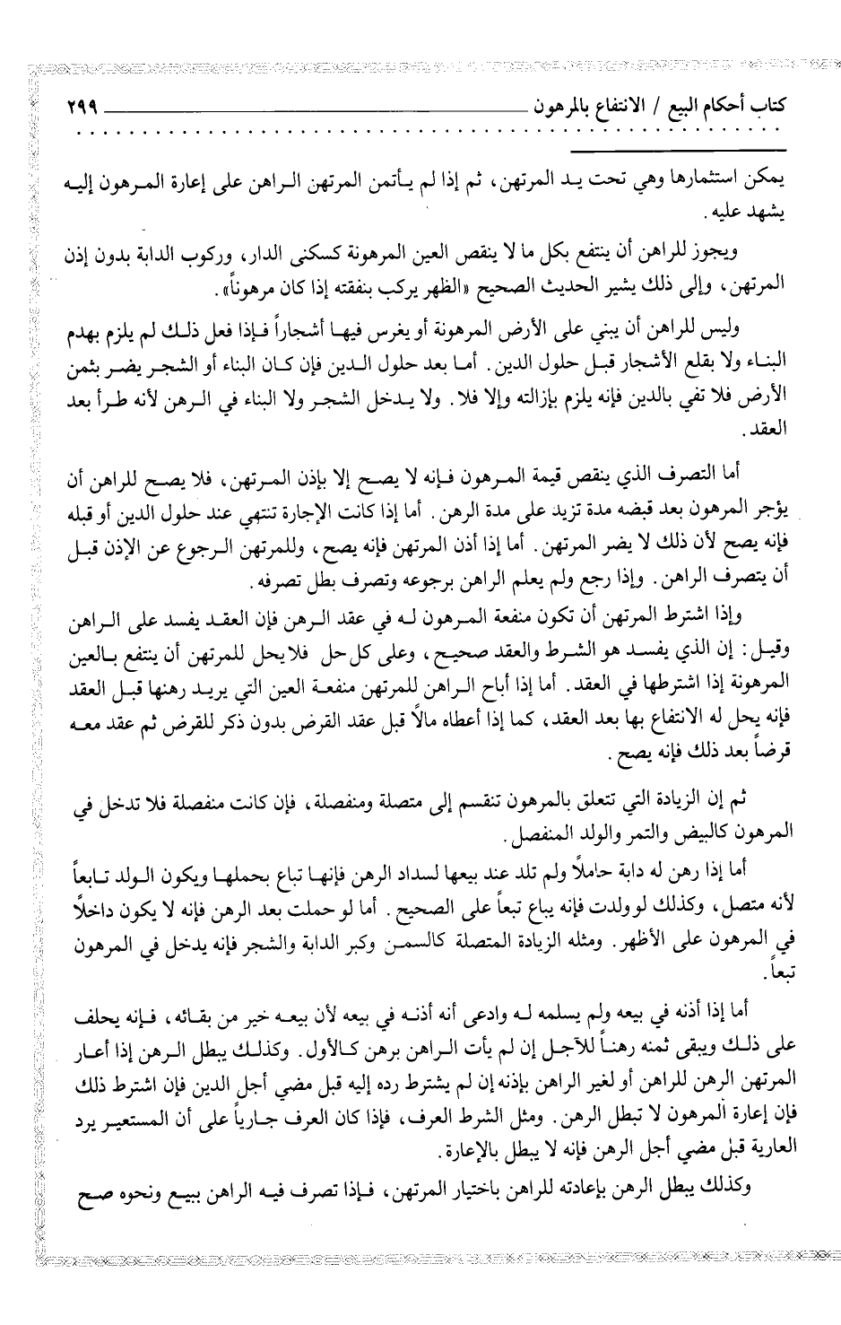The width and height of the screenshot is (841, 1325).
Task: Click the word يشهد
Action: [760, 212]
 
